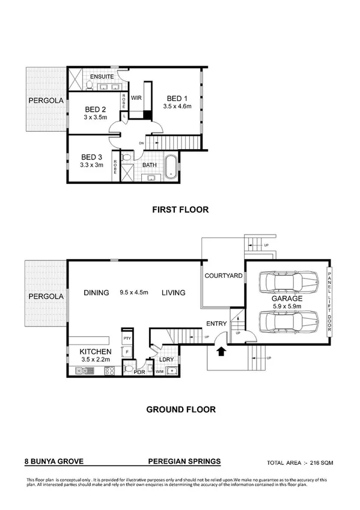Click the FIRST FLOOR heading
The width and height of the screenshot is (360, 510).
(180, 210)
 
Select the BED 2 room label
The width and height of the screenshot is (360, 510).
(95, 109)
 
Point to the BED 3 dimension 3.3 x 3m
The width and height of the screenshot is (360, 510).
(92, 165)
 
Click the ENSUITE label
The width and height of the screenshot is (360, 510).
(102, 78)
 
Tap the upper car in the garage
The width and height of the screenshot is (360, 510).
(287, 281)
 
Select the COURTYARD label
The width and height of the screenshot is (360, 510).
(223, 276)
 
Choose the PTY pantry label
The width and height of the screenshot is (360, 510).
(127, 339)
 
